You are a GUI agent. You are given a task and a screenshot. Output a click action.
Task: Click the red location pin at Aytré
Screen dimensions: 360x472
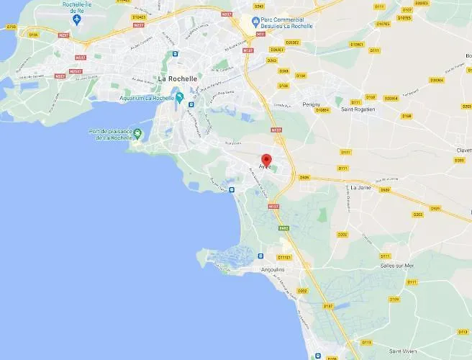point(265,161)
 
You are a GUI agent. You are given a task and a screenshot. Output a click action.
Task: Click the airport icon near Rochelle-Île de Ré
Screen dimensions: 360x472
point(78,17)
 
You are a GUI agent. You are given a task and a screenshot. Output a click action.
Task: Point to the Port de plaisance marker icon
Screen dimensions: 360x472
point(138,133)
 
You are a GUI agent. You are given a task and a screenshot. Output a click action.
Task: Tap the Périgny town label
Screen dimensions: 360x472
point(311,104)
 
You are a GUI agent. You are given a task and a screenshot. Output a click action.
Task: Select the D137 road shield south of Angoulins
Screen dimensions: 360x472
point(329,306)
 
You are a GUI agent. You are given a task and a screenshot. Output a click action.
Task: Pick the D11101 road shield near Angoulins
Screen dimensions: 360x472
point(284,257)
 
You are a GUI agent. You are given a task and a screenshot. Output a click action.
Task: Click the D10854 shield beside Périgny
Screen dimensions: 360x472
point(323,109)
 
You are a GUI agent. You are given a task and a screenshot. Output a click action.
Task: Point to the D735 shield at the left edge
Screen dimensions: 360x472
point(10,27)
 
